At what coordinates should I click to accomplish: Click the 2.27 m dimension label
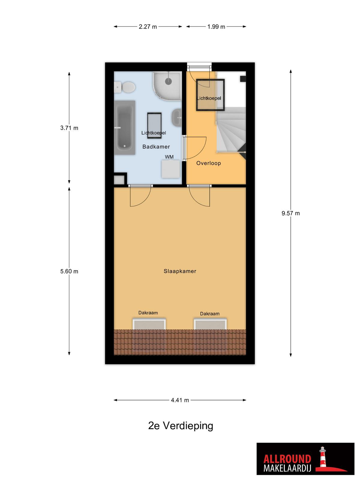pos(148,27)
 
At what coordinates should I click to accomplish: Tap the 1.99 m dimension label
pos(216,27)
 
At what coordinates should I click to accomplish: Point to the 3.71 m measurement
pos(69,128)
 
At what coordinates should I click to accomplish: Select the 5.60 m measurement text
pos(69,271)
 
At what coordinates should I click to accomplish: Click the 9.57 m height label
pos(290,213)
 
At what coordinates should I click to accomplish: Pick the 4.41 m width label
pos(180,400)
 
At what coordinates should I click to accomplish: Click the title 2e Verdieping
pos(181,426)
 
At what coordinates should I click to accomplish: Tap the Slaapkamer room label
pos(180,271)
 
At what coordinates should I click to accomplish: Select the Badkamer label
pos(156,147)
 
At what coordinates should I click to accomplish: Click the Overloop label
pos(208,163)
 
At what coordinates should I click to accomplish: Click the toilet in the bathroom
pos(124,87)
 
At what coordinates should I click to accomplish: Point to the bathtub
pos(124,127)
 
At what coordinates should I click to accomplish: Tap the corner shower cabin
pos(167,86)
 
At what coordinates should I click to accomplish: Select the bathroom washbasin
pos(177,118)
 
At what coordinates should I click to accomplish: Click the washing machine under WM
pos(170,169)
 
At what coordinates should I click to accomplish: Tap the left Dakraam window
pos(149,324)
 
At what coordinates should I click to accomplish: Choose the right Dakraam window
pos(210,324)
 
